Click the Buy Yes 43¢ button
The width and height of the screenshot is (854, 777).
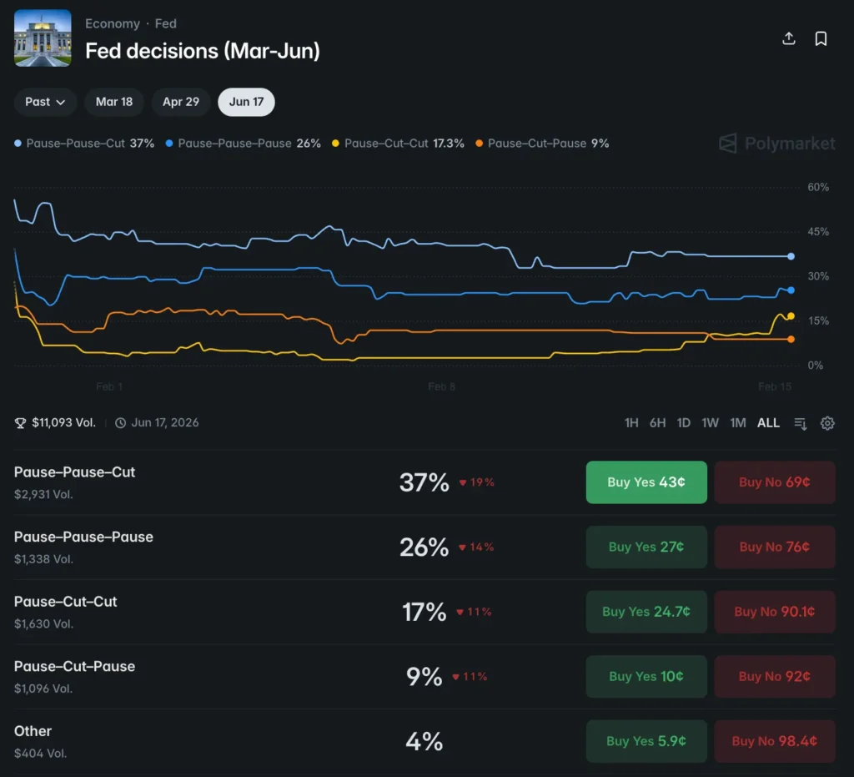(x=646, y=482)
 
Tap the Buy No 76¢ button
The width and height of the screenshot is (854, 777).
(x=774, y=547)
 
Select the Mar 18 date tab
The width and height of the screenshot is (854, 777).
(x=114, y=102)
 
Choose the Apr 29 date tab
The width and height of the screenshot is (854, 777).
(x=181, y=102)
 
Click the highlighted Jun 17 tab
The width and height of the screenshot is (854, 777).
(x=246, y=102)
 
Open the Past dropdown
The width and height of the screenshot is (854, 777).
(x=45, y=102)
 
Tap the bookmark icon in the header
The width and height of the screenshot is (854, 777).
(x=821, y=39)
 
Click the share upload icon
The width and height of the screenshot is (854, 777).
(x=789, y=39)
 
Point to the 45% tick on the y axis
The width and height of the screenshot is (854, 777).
(x=818, y=232)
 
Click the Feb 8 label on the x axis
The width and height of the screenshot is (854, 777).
(x=442, y=386)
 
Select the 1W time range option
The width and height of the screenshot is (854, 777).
(x=710, y=423)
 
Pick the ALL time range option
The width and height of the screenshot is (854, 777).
(x=768, y=423)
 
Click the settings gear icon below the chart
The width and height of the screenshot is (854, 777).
(x=827, y=423)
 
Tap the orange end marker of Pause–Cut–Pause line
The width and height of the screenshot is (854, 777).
(x=791, y=339)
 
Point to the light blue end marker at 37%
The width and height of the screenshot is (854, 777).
(x=791, y=256)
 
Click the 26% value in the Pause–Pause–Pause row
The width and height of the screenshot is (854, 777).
(x=424, y=547)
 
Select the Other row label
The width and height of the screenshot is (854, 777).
(x=33, y=731)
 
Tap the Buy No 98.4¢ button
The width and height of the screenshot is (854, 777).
(x=774, y=741)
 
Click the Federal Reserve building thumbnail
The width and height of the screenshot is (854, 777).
(x=43, y=38)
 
